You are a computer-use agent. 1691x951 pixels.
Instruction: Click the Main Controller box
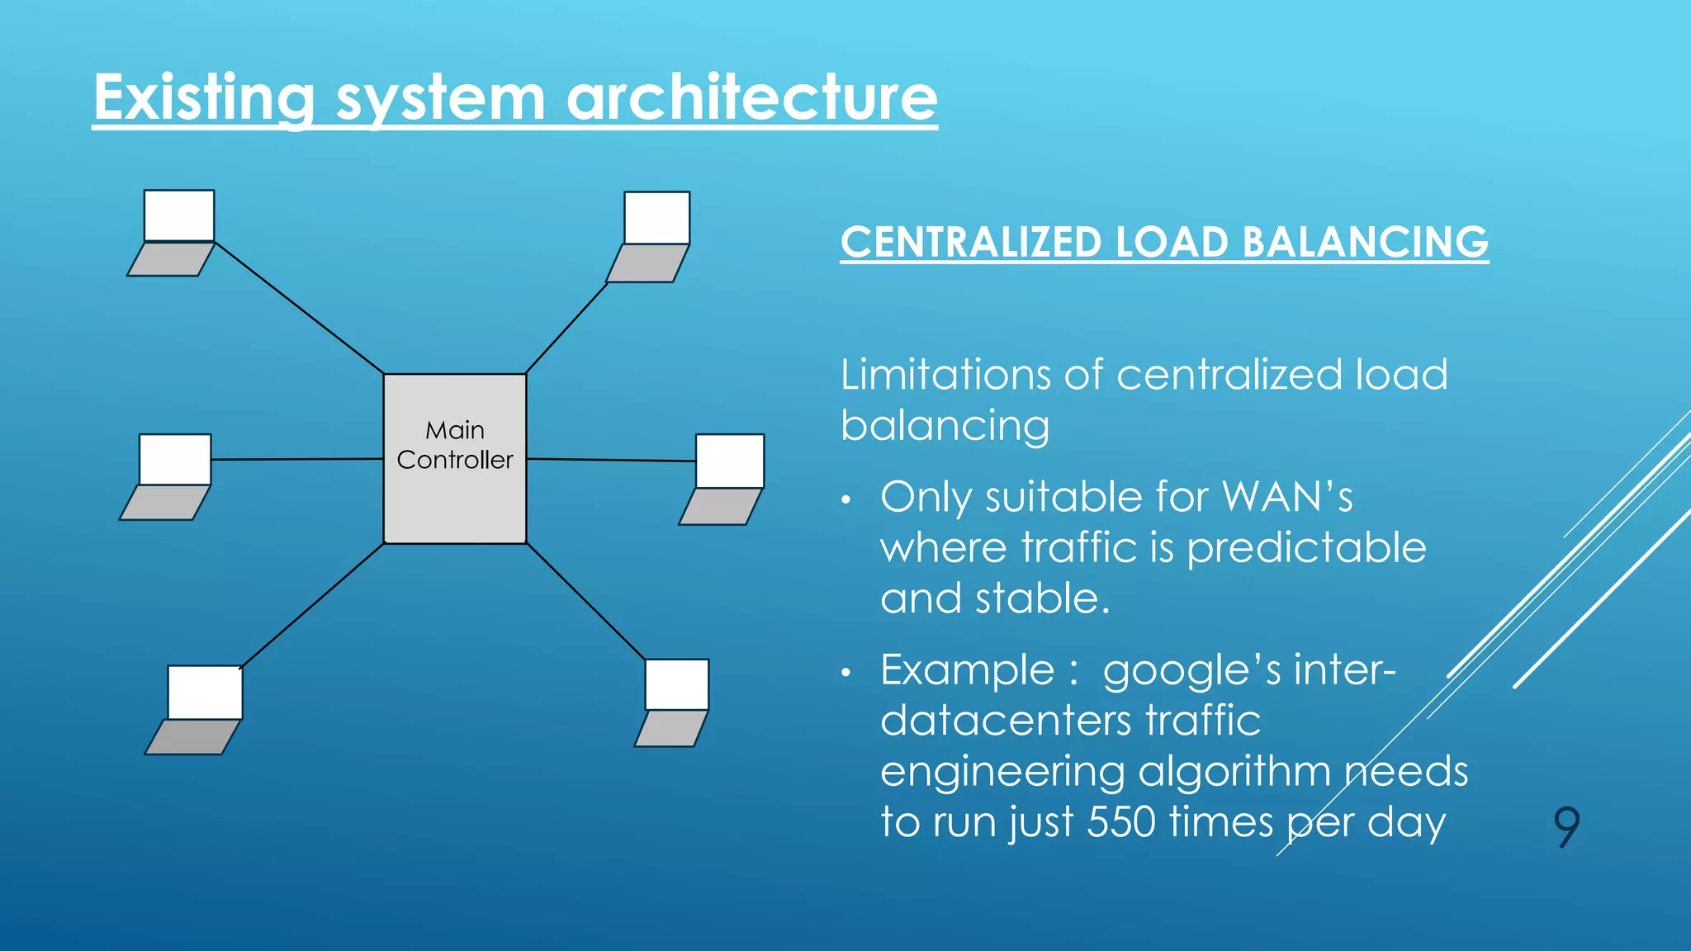(455, 459)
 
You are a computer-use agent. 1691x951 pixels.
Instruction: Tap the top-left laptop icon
(173, 233)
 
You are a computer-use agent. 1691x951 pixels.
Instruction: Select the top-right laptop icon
(651, 237)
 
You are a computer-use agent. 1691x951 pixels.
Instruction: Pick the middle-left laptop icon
(168, 476)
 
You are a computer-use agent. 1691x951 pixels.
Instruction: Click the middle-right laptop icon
(724, 479)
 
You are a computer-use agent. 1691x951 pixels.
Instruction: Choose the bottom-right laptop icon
(673, 703)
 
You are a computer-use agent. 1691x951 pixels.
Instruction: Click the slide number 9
(1566, 826)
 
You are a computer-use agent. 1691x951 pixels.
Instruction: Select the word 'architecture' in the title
(751, 98)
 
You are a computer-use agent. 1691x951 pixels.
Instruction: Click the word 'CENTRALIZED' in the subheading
(971, 243)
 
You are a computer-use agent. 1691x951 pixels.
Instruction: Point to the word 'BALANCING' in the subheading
(1365, 243)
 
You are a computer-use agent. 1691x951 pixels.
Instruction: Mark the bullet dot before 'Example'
(845, 673)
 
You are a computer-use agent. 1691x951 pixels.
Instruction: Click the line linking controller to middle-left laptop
(297, 459)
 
